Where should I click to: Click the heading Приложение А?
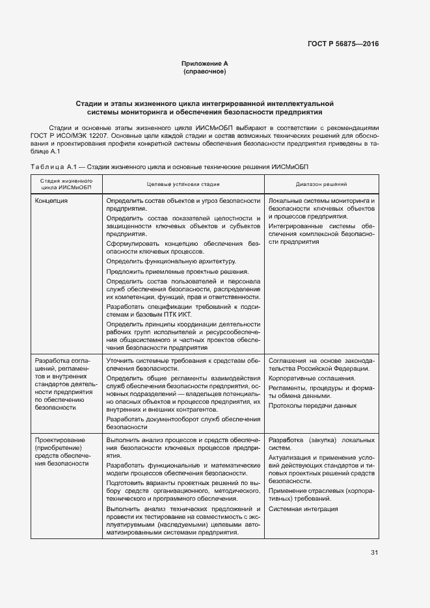tap(204, 63)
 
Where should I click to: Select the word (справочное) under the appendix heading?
tap(204, 71)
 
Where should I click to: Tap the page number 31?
tap(374, 553)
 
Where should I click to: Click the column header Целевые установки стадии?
tap(183, 184)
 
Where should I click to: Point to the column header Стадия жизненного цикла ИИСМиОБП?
tap(65, 184)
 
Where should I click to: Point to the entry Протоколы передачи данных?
tap(312, 406)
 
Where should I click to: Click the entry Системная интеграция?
tap(303, 509)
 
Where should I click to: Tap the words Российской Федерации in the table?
tap(337, 368)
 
